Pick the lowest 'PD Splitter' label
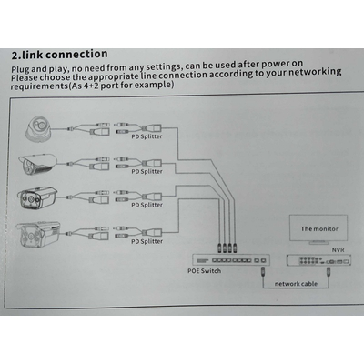[x=147, y=240]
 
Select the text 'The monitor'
[x=318, y=231]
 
